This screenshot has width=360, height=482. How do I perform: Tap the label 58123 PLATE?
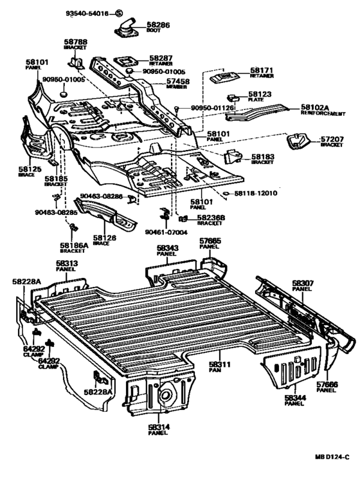pos(259,95)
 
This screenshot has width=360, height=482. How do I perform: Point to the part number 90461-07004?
pos(166,232)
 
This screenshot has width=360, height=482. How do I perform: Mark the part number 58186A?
pos(74,245)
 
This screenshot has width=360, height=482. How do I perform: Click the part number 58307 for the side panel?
pos(303,283)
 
